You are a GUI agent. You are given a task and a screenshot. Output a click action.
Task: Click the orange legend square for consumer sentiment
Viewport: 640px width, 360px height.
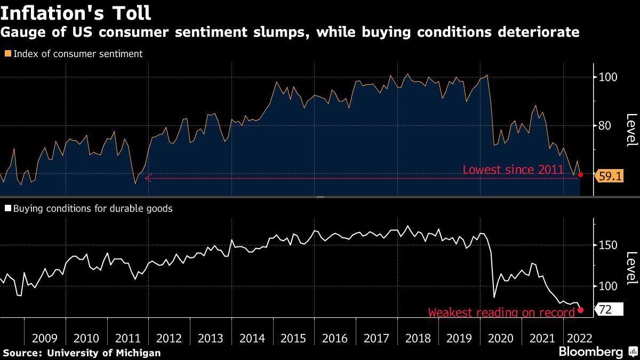(x=7, y=54)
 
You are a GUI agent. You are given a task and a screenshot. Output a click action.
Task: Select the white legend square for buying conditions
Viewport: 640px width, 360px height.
(x=7, y=209)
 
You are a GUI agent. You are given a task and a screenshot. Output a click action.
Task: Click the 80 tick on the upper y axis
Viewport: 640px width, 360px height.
(x=605, y=126)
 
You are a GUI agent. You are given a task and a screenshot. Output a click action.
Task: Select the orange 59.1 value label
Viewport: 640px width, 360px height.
(x=611, y=176)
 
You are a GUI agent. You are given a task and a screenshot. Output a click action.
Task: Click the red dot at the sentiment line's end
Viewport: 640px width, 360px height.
(x=580, y=174)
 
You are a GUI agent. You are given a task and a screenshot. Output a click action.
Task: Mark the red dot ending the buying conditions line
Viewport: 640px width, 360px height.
(x=580, y=310)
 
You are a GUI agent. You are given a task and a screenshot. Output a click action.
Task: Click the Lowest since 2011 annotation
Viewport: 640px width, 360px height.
(x=513, y=170)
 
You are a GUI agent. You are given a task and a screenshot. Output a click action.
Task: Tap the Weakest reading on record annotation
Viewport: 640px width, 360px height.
(x=501, y=313)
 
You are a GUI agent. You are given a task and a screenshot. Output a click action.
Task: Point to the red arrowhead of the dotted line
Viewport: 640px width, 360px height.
(x=148, y=178)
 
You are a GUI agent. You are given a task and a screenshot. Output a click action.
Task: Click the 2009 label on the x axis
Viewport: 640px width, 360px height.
(x=45, y=338)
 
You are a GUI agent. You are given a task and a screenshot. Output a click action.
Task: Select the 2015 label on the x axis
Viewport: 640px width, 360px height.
(x=293, y=338)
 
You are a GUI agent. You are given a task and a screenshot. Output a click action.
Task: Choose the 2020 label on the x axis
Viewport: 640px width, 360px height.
(x=500, y=338)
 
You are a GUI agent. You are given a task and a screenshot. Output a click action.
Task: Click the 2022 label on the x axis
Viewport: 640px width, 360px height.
(x=578, y=338)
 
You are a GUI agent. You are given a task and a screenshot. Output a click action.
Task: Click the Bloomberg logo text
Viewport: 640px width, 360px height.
(x=590, y=352)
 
